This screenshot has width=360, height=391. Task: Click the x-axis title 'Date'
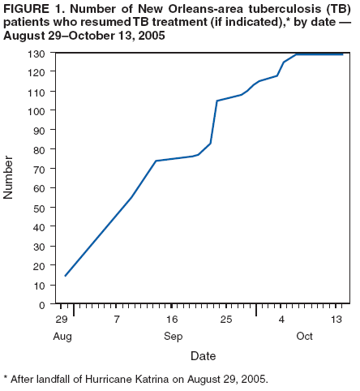tap(203, 355)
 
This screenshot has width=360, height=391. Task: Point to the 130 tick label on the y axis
tap(38, 54)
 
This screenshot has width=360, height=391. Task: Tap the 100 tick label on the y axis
tap(38, 111)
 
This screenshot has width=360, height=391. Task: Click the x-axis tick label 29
tap(62, 320)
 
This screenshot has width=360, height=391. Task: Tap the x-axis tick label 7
tap(118, 320)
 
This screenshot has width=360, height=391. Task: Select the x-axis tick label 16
tap(172, 320)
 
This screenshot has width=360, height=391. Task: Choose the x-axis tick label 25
tap(226, 320)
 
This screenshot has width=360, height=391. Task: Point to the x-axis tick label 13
tap(335, 320)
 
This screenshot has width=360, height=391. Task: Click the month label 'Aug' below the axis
tap(62, 336)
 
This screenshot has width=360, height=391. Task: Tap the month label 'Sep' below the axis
tap(173, 336)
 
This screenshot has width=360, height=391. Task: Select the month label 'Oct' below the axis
tap(304, 336)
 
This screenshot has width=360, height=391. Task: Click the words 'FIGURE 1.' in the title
tap(32, 9)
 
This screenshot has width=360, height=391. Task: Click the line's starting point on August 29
tap(65, 276)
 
